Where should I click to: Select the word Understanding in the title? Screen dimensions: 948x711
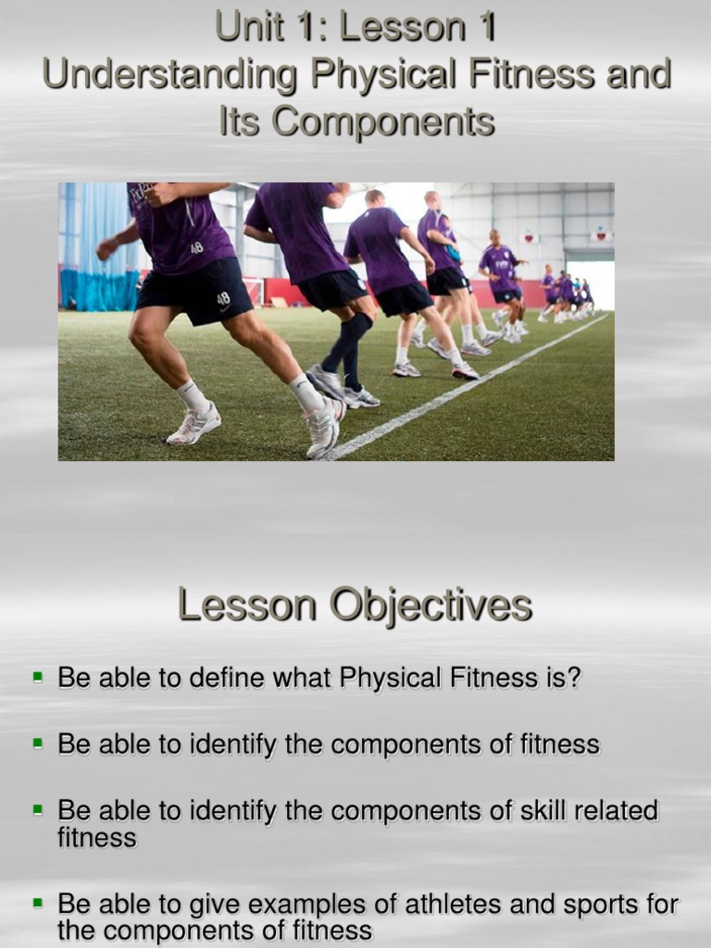170,75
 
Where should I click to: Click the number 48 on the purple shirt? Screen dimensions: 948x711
197,248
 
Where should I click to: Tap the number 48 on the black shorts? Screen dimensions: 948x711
223,299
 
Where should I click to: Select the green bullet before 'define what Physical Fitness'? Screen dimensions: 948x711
38,677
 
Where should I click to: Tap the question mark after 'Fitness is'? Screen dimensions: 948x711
574,678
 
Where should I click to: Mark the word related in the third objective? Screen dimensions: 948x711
616,811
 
